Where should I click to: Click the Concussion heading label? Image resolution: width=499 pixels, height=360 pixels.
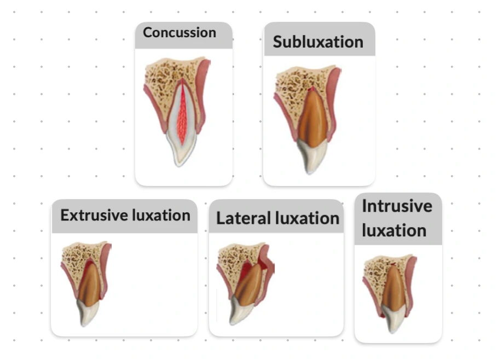(179, 32)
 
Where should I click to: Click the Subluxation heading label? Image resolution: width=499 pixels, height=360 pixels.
(318, 42)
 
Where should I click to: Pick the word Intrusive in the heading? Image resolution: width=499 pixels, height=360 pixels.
(397, 206)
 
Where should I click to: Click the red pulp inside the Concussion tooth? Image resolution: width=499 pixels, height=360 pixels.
(182, 115)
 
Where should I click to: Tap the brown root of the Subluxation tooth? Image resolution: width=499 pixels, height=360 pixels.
(311, 115)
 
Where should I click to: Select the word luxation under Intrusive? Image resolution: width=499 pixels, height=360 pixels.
(394, 230)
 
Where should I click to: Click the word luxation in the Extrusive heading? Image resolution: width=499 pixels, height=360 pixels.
(159, 215)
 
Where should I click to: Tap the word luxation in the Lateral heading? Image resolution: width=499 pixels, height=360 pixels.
(308, 218)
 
